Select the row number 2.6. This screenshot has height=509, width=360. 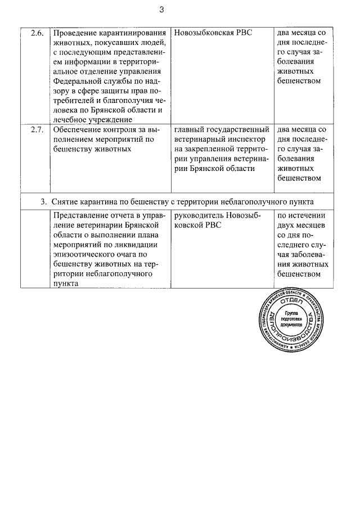tap(37, 33)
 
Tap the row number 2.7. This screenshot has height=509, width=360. tap(37, 130)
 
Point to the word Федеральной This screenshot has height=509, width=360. tap(76, 81)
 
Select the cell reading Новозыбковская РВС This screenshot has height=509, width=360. tap(214, 33)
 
